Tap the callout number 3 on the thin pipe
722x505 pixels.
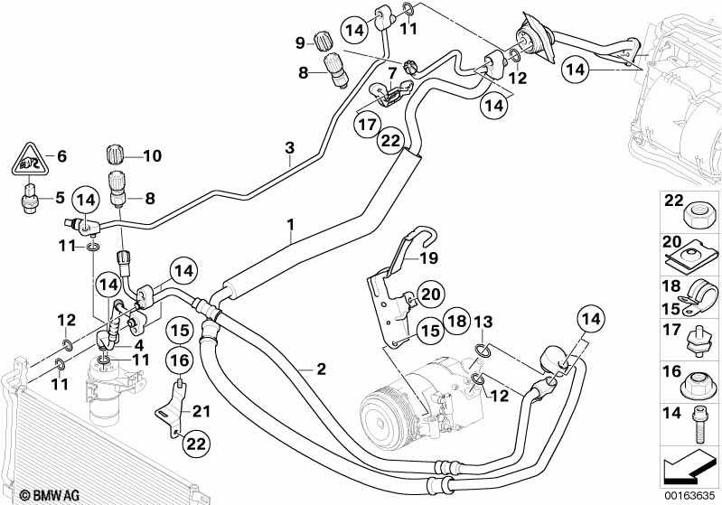pyautogui.click(x=290, y=148)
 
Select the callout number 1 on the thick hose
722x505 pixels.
pyautogui.click(x=291, y=222)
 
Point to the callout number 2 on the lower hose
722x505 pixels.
pyautogui.click(x=320, y=369)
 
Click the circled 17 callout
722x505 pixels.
pyautogui.click(x=366, y=124)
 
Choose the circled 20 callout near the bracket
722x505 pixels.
pyautogui.click(x=431, y=294)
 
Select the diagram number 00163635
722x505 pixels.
pyautogui.click(x=690, y=495)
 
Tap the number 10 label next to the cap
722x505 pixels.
pyautogui.click(x=150, y=156)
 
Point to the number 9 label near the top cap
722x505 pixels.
pyautogui.click(x=300, y=42)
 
